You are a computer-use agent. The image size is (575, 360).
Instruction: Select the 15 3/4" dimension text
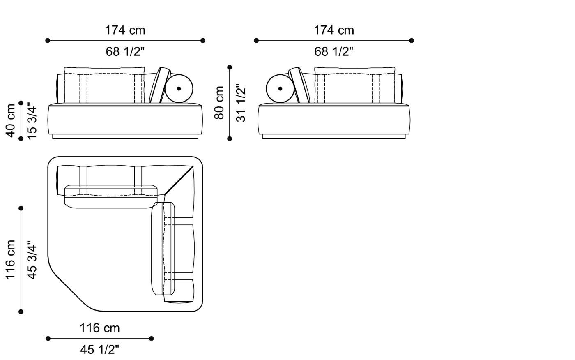32,120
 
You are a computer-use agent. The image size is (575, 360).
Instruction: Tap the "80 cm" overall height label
220,103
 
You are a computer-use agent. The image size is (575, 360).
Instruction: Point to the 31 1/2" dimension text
241,103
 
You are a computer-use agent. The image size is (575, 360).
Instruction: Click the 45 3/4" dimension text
32,260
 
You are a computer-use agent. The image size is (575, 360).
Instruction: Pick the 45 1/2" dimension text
100,350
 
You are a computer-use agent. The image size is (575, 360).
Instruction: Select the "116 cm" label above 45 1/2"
100,328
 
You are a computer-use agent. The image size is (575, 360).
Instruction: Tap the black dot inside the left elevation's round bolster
179,88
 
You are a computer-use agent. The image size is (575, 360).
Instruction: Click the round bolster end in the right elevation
280,88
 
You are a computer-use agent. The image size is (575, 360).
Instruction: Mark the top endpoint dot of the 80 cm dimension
230,67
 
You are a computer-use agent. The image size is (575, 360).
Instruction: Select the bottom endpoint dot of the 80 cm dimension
230,138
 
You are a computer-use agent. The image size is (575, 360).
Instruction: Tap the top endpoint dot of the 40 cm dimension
21,103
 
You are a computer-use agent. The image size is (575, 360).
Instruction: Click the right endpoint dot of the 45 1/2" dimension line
152,339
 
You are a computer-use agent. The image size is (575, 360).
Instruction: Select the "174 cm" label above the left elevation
125,30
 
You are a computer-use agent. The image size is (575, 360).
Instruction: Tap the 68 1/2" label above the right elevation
334,52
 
